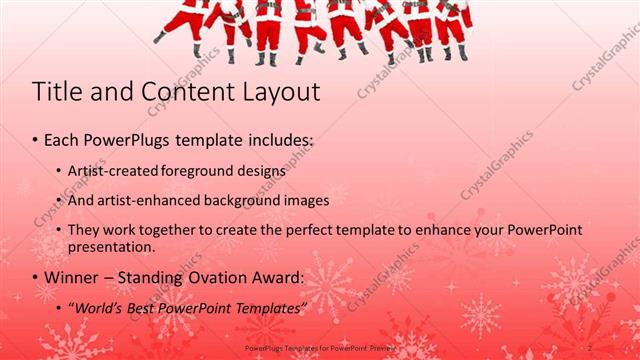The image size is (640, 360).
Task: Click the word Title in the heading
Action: tap(57, 92)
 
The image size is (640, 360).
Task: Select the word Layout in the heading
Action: tap(281, 93)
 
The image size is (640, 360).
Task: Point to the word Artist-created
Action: tap(114, 171)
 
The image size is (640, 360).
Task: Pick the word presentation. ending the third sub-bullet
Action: tap(112, 246)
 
